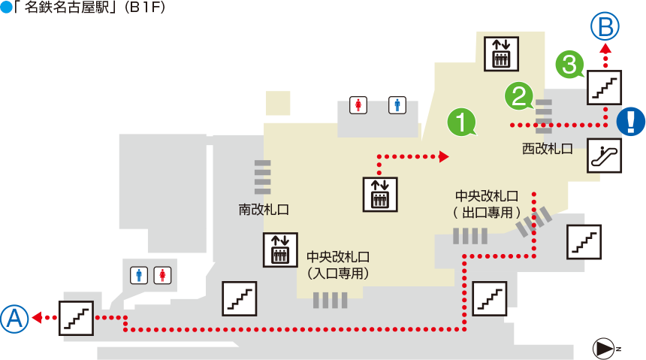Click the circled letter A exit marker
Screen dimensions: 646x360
point(14,319)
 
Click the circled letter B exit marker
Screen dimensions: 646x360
point(605,26)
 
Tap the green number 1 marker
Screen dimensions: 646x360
point(461,122)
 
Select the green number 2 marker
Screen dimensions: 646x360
point(519,96)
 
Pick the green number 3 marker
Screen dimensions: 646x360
point(570,65)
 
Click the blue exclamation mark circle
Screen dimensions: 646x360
point(631,121)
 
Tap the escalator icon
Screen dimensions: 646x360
point(604,156)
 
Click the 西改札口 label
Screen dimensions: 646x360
point(548,149)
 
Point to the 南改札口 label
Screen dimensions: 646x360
point(264,210)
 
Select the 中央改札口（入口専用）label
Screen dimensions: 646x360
point(338,265)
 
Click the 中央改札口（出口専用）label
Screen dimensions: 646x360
point(487,204)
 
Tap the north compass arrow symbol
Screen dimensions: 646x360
point(604,349)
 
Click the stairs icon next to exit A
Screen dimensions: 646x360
point(76,318)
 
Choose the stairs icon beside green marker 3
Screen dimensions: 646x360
point(605,87)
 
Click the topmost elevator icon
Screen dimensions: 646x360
point(501,54)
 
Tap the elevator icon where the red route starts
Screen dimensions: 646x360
point(380,194)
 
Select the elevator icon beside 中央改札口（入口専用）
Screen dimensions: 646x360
point(281,250)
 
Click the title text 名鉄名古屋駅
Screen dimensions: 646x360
point(67,8)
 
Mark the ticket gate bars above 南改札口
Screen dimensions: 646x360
point(262,177)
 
